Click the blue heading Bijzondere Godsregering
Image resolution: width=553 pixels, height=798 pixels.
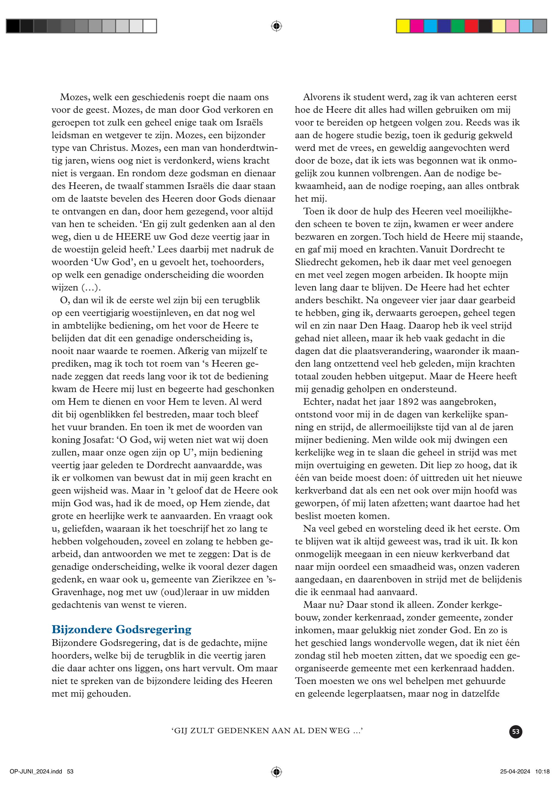tap(121, 629)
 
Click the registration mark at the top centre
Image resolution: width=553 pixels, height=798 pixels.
tap(276, 26)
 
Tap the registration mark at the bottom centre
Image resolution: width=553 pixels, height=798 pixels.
tap(276, 772)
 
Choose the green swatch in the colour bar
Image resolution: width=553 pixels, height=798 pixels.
tap(458, 26)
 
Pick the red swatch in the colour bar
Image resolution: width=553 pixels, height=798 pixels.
tap(471, 26)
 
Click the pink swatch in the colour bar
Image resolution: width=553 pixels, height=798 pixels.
tap(512, 26)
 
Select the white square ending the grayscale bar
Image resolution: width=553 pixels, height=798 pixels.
tap(150, 26)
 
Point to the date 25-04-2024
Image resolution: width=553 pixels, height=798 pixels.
tap(515, 772)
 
